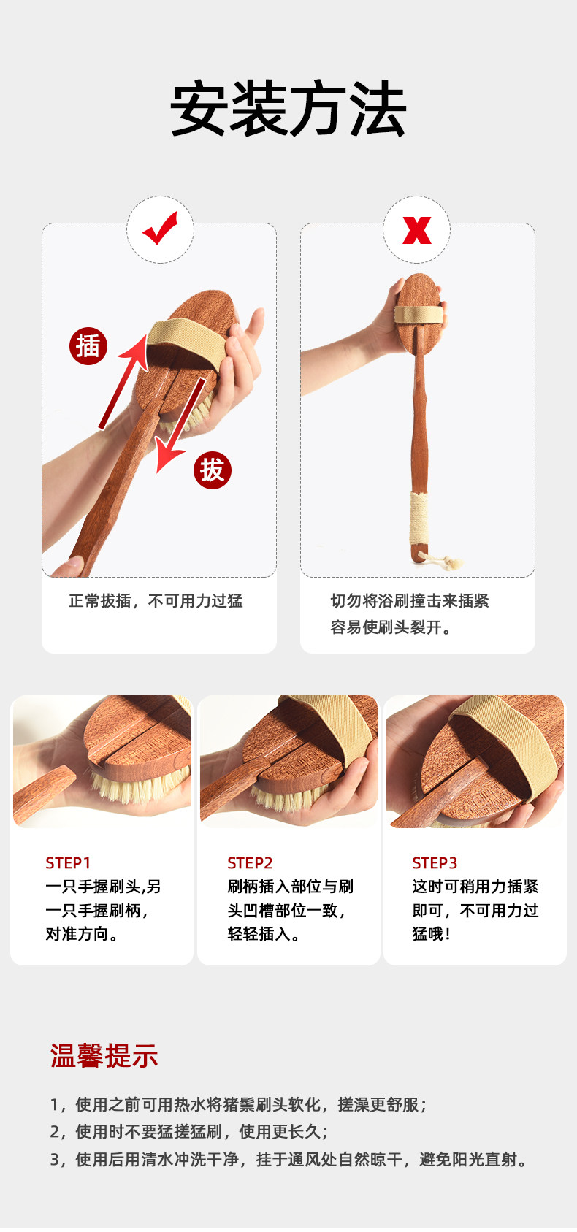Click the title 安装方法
pyautogui.click(x=288, y=108)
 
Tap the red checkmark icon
pyautogui.click(x=160, y=229)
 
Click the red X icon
pyautogui.click(x=417, y=230)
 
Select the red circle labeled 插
pyautogui.click(x=88, y=346)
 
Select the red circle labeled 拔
pyautogui.click(x=213, y=470)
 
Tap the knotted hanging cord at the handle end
pyautogui.click(x=440, y=560)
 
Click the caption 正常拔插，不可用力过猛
pyautogui.click(x=156, y=600)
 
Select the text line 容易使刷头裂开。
pyautogui.click(x=391, y=627)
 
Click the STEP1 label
pyautogui.click(x=68, y=863)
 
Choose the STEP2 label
pyautogui.click(x=250, y=863)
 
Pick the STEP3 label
pyautogui.click(x=435, y=863)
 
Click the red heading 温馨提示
pyautogui.click(x=104, y=1055)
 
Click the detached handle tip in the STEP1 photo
pyautogui.click(x=44, y=795)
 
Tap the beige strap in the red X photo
pyautogui.click(x=419, y=314)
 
